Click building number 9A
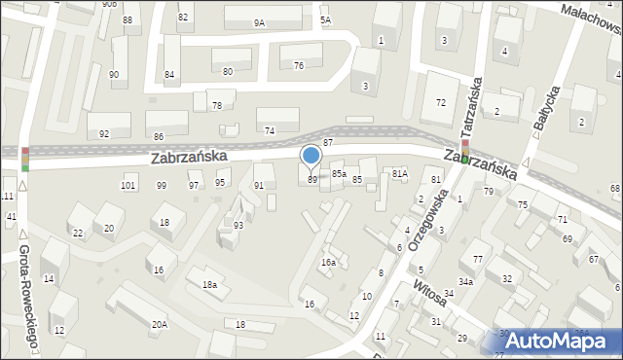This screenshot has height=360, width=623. [x=259, y=22]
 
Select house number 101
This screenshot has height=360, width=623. [x=128, y=185]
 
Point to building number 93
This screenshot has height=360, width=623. [x=238, y=225]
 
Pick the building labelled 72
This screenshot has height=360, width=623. [x=441, y=102]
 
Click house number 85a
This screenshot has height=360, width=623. [x=338, y=173]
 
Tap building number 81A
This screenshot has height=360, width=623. [x=399, y=173]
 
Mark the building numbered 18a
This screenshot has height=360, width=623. [x=208, y=284]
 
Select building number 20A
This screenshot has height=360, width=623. [x=159, y=324]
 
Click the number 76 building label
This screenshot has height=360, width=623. [x=299, y=65]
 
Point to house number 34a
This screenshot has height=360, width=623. [x=466, y=282]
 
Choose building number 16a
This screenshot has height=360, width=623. [x=328, y=262]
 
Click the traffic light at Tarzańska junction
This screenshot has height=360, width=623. [x=464, y=150]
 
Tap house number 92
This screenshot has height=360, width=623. [x=104, y=132]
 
